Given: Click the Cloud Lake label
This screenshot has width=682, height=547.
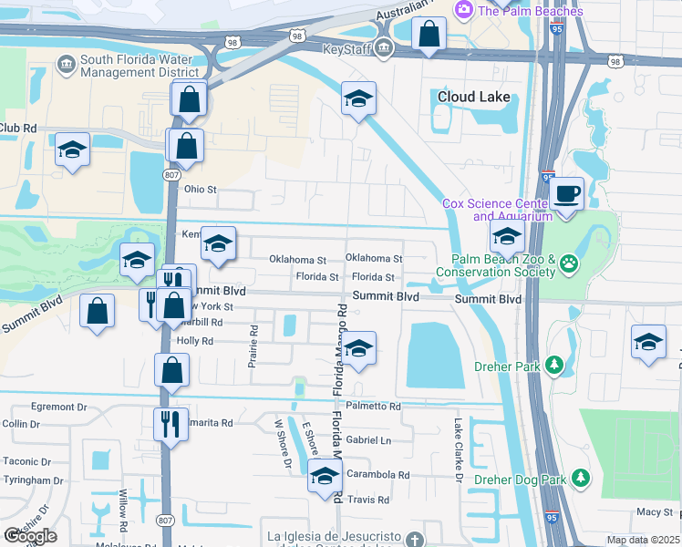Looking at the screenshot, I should (x=473, y=97).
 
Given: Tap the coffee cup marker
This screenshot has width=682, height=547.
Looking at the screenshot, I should (x=566, y=194).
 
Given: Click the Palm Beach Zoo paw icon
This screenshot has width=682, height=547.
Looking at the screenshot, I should (x=570, y=263).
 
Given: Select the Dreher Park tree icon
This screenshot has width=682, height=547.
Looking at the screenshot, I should (x=554, y=366).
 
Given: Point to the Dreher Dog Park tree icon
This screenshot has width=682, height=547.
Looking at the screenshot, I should (x=580, y=479).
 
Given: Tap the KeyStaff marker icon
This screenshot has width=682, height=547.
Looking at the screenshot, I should (x=384, y=49).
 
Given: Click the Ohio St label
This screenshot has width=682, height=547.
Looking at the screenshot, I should (x=201, y=190).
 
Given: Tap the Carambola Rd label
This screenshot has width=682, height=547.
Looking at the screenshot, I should (x=378, y=475).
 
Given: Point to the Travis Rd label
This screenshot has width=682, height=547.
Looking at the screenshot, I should (x=368, y=500).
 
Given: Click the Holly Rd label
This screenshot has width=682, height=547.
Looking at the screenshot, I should (x=195, y=341).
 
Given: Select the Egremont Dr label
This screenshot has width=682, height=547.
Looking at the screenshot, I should (x=58, y=407).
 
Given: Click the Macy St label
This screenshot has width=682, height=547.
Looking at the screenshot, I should (x=655, y=512).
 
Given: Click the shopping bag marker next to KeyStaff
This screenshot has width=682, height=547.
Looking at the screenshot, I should (x=428, y=36).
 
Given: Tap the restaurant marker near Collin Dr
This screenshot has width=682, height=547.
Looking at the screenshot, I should (x=170, y=424).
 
